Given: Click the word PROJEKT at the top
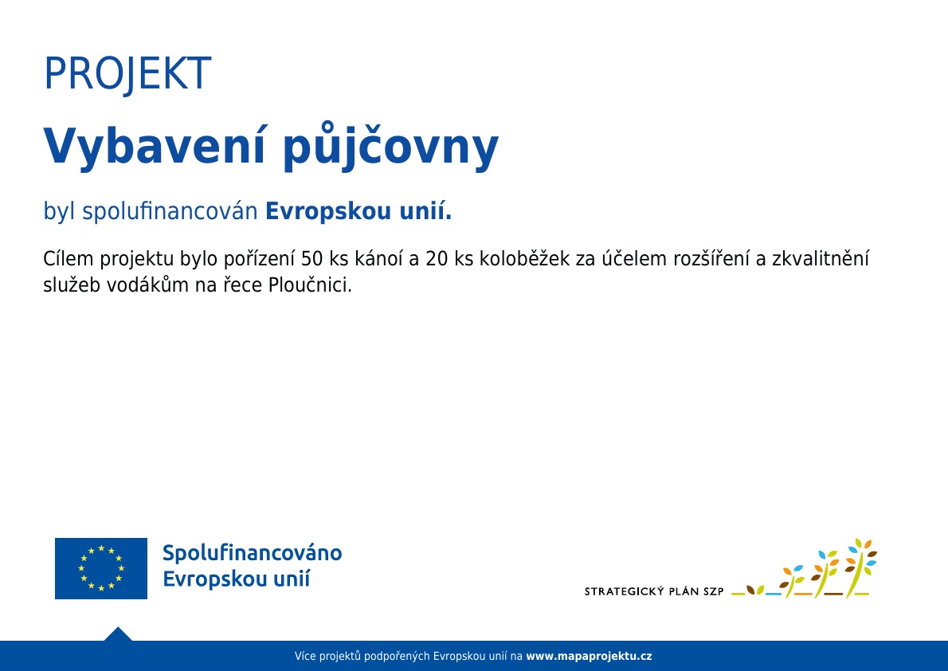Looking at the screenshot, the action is pyautogui.click(x=127, y=74).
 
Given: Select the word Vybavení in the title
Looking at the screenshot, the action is pyautogui.click(x=155, y=146).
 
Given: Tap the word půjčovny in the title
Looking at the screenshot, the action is pyautogui.click(x=391, y=147).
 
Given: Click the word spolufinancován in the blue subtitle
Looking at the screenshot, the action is pyautogui.click(x=170, y=211).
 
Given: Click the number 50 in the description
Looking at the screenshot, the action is pyautogui.click(x=312, y=259).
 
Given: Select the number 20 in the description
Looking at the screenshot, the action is pyautogui.click(x=437, y=259).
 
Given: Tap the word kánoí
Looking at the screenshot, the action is pyautogui.click(x=378, y=258).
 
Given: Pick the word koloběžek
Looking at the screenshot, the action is pyautogui.click(x=524, y=258).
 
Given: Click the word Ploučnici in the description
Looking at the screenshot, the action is pyautogui.click(x=310, y=284).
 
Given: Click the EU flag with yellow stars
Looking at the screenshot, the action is pyautogui.click(x=101, y=568).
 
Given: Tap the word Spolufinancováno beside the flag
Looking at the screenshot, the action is pyautogui.click(x=252, y=553).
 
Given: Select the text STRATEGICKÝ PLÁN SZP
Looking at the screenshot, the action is pyautogui.click(x=654, y=591).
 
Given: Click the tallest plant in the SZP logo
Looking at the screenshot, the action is pyautogui.click(x=861, y=567).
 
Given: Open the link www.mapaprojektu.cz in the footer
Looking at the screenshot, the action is pyautogui.click(x=589, y=656).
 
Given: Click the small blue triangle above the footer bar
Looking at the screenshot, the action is pyautogui.click(x=118, y=634).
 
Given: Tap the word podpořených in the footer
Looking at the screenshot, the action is pyautogui.click(x=398, y=657).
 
